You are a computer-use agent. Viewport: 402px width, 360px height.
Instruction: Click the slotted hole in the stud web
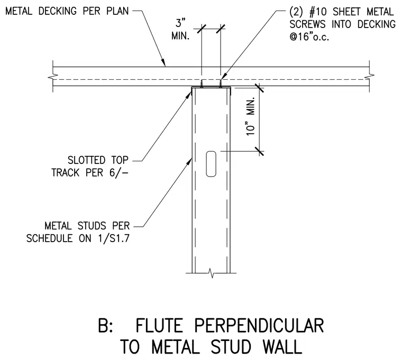tap(211, 164)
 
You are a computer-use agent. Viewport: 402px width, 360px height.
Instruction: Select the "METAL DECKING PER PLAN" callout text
tap(67, 11)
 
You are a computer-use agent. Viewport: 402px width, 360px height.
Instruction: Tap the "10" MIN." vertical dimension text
tap(251, 116)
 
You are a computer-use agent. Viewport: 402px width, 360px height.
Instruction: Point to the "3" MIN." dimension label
tap(181, 30)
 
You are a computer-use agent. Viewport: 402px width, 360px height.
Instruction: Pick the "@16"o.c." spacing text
tap(309, 37)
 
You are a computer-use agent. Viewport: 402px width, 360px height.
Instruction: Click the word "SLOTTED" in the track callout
tap(87, 160)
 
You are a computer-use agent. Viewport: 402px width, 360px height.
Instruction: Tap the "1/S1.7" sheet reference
tap(114, 238)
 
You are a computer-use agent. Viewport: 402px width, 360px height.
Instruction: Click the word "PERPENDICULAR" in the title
tap(259, 326)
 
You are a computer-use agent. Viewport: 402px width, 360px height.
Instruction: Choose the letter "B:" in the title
tap(106, 326)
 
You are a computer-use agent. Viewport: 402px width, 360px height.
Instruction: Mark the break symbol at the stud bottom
tap(211, 273)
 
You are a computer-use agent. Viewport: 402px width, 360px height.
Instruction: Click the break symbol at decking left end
tap(53, 76)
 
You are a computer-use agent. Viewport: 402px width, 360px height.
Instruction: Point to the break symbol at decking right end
tap(369, 76)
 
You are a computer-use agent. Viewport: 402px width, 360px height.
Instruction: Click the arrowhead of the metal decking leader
tap(163, 63)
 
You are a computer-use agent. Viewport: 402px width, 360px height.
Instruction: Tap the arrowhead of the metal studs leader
tap(190, 162)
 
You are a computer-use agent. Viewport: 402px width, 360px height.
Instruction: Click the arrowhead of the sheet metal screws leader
tap(223, 76)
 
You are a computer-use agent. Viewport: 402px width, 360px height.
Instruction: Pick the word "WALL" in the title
tap(282, 347)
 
